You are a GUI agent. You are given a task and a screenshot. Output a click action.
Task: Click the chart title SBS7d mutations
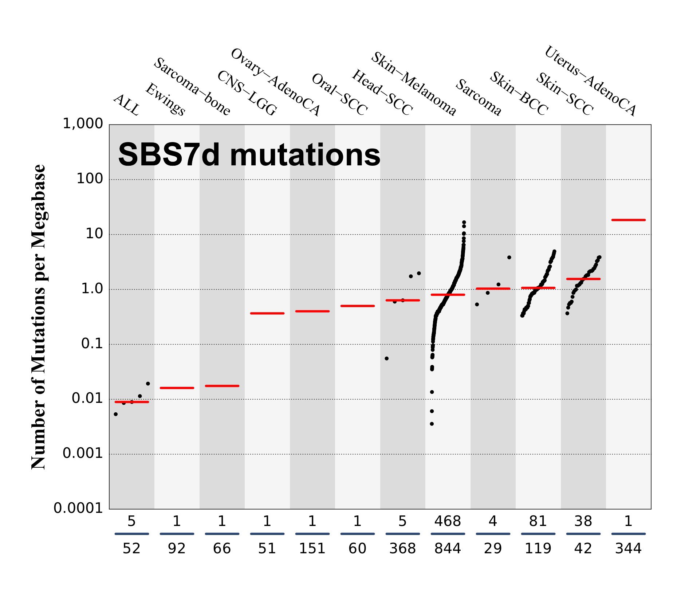point(249,155)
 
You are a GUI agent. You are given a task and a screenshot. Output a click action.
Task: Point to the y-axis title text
point(39,317)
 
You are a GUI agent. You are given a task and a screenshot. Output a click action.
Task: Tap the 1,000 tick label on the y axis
point(83,124)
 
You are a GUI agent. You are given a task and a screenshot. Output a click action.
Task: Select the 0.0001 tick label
point(78,508)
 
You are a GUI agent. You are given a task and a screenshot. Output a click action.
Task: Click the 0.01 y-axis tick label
point(87,398)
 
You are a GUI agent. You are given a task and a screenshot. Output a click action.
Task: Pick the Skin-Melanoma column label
point(414,84)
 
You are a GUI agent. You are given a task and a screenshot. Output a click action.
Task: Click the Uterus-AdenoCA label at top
point(590,81)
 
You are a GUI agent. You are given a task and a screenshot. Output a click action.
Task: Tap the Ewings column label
point(165,99)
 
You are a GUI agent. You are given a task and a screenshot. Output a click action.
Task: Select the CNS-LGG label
point(247,93)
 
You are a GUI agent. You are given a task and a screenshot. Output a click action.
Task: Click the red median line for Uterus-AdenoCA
point(628,220)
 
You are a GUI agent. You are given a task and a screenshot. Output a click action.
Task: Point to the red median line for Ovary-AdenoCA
point(267,313)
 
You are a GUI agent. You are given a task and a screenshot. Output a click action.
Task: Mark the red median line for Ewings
point(177,388)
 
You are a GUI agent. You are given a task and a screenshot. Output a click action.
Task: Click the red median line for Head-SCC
point(357,306)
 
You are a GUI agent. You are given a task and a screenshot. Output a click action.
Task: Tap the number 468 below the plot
point(448,522)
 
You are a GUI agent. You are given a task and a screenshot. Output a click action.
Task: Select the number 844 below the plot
point(448,549)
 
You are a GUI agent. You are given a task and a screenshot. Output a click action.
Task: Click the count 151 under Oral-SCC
point(312,549)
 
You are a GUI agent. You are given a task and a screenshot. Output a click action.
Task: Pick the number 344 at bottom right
point(628,549)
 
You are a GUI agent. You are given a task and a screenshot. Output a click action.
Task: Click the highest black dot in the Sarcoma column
point(509,258)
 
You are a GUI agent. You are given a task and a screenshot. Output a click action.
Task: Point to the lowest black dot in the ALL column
point(116,414)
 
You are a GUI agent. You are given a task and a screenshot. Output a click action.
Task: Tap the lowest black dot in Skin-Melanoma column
point(432,424)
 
